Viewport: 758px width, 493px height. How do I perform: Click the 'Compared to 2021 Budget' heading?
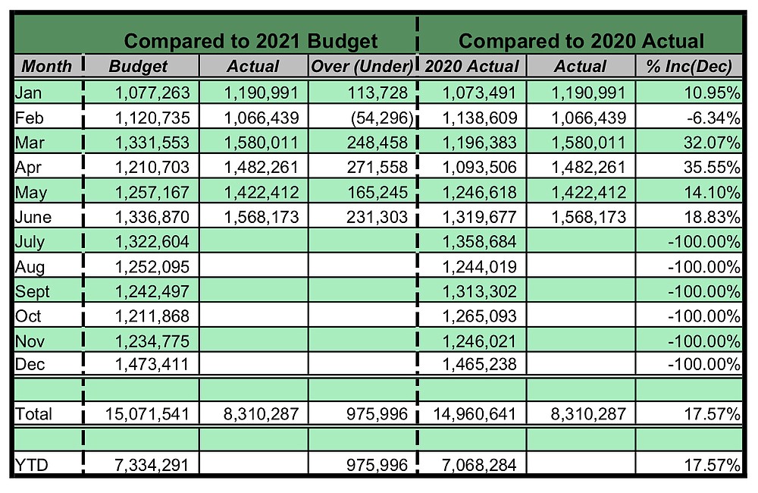click(x=250, y=40)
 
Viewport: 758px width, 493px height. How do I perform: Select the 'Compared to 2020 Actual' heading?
click(x=581, y=40)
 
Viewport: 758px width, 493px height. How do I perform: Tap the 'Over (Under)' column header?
click(x=362, y=66)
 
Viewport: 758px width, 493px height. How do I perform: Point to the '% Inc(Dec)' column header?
click(x=688, y=66)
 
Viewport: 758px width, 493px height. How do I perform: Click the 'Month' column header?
click(x=46, y=66)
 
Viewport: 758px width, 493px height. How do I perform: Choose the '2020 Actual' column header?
click(x=471, y=66)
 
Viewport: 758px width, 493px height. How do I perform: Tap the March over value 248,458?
click(x=377, y=143)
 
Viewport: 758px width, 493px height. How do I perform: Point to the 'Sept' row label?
click(x=30, y=291)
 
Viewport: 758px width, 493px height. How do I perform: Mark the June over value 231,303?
click(x=377, y=217)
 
